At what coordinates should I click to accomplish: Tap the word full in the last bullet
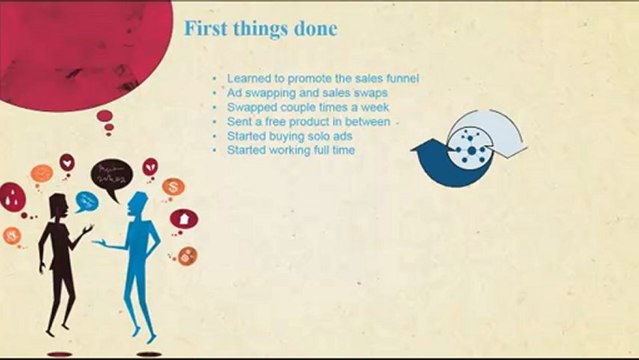[x=325, y=150]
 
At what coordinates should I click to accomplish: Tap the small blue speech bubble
[x=86, y=203]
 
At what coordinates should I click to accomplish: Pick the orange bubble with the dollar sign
[x=173, y=187]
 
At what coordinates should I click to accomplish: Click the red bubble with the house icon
[x=184, y=219]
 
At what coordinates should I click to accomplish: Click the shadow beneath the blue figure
[x=148, y=353]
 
